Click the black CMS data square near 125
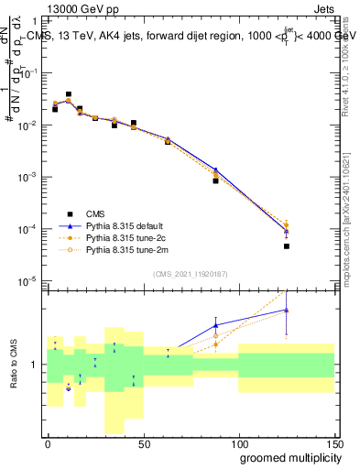[287, 245]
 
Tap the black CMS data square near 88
[215, 180]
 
